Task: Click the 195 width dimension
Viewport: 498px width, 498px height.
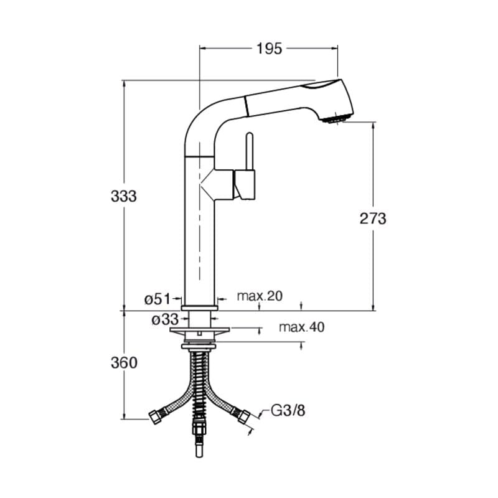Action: (x=269, y=49)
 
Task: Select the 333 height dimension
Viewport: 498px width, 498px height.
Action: (x=123, y=196)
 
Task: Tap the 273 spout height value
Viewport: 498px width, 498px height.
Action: (x=373, y=218)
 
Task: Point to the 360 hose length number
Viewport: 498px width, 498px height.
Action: (x=124, y=363)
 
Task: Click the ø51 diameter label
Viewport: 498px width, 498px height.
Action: (x=157, y=299)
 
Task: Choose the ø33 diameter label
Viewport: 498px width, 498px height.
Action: (x=164, y=319)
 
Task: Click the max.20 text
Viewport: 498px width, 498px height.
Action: (x=260, y=296)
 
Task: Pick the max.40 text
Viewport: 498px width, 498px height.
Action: (x=302, y=327)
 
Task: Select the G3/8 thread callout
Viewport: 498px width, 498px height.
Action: (x=288, y=410)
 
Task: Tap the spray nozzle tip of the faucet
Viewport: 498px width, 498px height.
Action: (x=337, y=119)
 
